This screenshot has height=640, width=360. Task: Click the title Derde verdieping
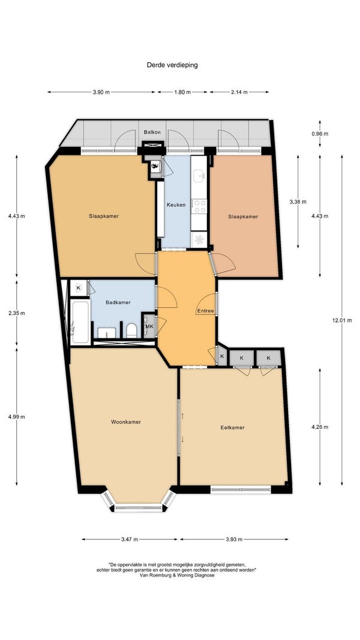coord(172,65)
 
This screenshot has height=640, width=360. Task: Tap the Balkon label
coord(152,132)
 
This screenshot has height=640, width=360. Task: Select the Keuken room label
coord(176,205)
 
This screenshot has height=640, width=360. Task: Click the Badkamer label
coord(118,302)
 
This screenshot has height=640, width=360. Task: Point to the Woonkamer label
coord(126,422)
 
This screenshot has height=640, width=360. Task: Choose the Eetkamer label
coord(232,428)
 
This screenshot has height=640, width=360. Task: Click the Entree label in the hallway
coord(205,311)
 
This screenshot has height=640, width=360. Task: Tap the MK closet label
coord(149,326)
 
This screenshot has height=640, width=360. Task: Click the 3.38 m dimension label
coord(298,202)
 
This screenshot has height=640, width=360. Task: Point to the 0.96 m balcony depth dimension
coord(320,134)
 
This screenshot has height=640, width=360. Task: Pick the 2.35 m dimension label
coord(17,314)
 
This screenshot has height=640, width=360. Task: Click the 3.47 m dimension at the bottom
coord(130,540)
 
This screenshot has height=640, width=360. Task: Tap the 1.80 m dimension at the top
coord(182,92)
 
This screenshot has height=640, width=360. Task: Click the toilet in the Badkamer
coord(131,330)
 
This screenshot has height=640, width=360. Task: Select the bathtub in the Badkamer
coord(80,322)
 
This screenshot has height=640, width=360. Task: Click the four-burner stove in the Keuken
coord(200,206)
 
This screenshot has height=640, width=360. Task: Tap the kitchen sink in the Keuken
coord(200,176)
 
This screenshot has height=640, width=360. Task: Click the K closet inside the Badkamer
coord(79,288)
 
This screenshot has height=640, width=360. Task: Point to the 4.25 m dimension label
coord(320,427)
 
